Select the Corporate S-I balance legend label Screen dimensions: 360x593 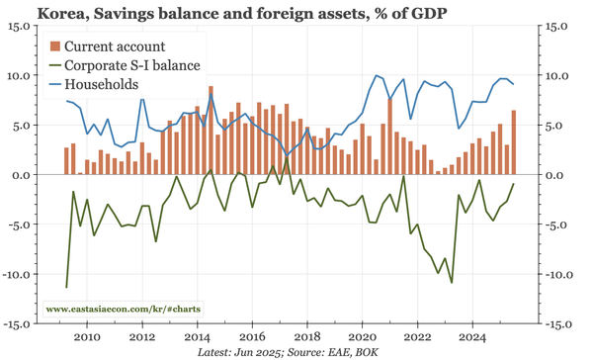[133, 65]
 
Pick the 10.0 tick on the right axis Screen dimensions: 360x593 [558, 76]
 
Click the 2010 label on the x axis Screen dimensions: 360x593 [87, 336]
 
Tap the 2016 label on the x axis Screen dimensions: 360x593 [252, 336]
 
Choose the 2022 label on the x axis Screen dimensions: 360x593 [417, 336]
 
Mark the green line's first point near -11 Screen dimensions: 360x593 [66, 287]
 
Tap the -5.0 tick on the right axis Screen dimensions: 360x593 [557, 225]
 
